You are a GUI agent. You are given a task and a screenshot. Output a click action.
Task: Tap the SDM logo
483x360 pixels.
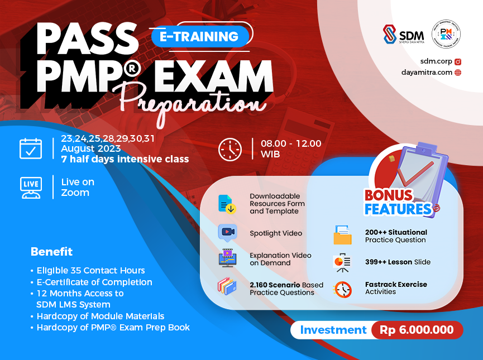pyautogui.click(x=404, y=35)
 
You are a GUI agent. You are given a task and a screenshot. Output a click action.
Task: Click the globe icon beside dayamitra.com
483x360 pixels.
pyautogui.click(x=458, y=72)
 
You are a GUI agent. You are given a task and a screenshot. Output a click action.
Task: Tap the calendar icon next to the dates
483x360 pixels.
pyautogui.click(x=31, y=148)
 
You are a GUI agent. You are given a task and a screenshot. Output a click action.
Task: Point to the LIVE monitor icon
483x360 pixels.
pyautogui.click(x=31, y=187)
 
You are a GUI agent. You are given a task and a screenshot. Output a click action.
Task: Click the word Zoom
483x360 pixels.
pyautogui.click(x=75, y=193)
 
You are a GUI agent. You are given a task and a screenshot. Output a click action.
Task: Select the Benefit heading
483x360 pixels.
pyautogui.click(x=51, y=251)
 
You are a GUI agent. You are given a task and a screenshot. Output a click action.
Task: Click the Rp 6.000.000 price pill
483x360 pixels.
pyautogui.click(x=417, y=330)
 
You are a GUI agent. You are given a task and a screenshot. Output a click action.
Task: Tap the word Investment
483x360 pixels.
pyautogui.click(x=333, y=330)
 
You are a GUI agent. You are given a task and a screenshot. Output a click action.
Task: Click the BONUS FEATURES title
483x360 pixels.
pyautogui.click(x=397, y=203)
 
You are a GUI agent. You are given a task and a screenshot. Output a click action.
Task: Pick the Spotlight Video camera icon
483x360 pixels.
pyautogui.click(x=228, y=232)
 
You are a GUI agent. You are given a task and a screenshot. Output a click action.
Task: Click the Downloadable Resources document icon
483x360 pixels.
pyautogui.click(x=227, y=204)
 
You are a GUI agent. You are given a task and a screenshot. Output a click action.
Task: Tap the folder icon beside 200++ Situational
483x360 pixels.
pyautogui.click(x=342, y=236)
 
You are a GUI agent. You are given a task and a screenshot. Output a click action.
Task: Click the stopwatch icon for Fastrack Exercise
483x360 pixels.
pyautogui.click(x=342, y=289)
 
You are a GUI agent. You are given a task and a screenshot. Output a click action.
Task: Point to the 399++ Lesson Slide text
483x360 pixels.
pyautogui.click(x=398, y=262)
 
